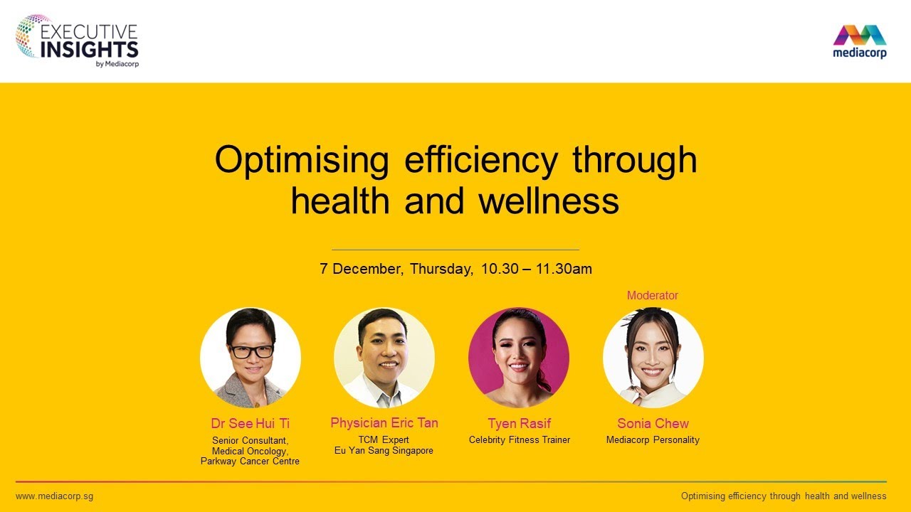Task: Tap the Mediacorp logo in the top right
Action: [x=860, y=41]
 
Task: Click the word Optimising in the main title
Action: [x=302, y=160]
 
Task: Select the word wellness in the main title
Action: [x=548, y=201]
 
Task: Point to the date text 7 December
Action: [x=362, y=270]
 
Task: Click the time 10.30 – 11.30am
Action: [x=537, y=270]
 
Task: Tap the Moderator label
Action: [x=653, y=295]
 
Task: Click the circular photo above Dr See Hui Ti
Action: [x=251, y=358]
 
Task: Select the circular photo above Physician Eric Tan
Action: [x=384, y=358]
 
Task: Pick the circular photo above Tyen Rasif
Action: [x=519, y=358]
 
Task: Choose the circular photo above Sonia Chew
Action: [x=653, y=358]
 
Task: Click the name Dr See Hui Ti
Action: [x=250, y=424]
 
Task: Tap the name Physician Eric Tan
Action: [x=384, y=423]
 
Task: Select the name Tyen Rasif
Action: [x=520, y=424]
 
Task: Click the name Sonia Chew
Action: [x=653, y=424]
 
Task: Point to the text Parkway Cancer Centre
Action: [x=250, y=462]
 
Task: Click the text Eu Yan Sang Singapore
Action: [x=384, y=451]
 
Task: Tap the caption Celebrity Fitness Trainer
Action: [x=520, y=440]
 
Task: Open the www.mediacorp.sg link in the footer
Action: [x=54, y=496]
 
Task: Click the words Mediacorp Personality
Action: [x=653, y=440]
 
